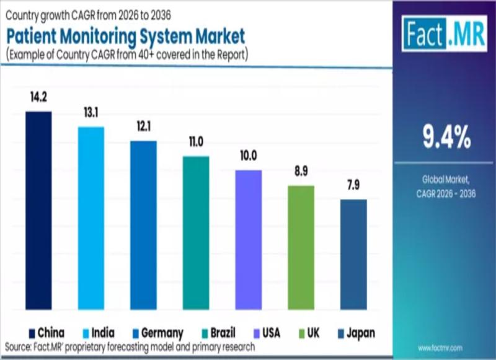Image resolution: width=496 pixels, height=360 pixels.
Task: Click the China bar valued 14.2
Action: [x=38, y=211]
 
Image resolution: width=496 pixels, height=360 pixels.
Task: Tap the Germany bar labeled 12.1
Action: [x=143, y=226]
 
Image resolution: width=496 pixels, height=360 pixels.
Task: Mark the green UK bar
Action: [x=301, y=248]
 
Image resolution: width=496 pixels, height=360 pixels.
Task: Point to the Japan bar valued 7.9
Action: [x=353, y=255]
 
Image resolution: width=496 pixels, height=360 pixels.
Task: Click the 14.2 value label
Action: [x=38, y=97]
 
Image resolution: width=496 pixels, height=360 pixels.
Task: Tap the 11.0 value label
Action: [x=196, y=143]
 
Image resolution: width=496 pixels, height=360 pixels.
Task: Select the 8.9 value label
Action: [x=301, y=172]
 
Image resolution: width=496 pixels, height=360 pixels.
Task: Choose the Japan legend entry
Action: [x=355, y=333]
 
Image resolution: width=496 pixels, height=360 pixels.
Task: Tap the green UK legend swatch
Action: [x=303, y=333]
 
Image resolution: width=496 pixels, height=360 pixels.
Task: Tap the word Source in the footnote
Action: [x=19, y=345]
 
